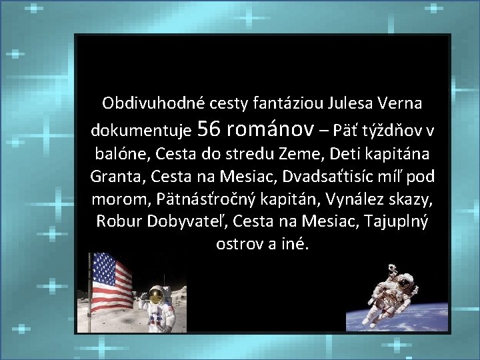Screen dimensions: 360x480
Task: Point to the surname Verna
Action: coord(400,103)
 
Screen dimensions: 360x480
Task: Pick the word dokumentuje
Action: coord(142,129)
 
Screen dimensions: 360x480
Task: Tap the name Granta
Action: coord(118,177)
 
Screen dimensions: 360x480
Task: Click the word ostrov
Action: coord(240,244)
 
